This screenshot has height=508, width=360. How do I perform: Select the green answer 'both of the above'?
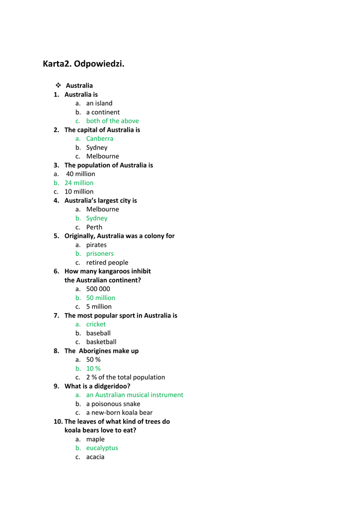click(112, 121)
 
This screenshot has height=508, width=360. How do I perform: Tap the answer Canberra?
click(99, 138)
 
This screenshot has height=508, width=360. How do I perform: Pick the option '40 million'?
click(80, 174)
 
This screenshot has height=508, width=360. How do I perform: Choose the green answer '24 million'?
click(79, 183)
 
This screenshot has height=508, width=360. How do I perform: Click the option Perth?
click(94, 227)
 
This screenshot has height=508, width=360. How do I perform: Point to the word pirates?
click(96, 245)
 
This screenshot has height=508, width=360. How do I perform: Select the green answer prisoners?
click(100, 254)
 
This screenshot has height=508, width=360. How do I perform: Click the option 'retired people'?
click(107, 262)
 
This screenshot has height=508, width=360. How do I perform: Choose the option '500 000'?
click(98, 289)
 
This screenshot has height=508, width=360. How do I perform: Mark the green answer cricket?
click(96, 324)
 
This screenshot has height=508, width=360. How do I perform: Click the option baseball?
click(98, 333)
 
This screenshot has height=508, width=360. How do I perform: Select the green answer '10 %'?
click(93, 369)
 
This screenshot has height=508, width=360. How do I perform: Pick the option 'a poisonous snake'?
click(113, 404)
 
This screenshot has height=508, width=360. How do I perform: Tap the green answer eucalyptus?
click(102, 448)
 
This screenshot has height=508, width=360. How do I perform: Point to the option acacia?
click(95, 457)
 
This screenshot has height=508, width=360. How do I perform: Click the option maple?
click(95, 439)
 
